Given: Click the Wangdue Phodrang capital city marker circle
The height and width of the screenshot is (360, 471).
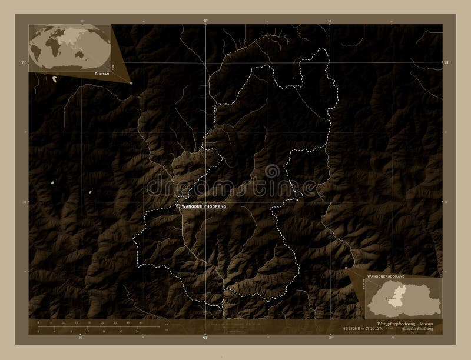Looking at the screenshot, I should coord(178,206).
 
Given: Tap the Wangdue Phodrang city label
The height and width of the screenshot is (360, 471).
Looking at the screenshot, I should coord(204,207).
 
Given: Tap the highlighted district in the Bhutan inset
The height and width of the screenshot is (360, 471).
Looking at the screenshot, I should coord(388,298).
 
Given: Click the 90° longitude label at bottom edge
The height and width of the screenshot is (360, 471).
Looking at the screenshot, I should coord(205,338).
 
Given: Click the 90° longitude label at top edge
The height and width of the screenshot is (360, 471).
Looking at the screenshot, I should coord(205,22).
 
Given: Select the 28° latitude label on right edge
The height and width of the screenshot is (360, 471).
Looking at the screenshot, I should coord(446,61).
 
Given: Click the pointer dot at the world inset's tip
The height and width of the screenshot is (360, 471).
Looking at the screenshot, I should coord(131,83).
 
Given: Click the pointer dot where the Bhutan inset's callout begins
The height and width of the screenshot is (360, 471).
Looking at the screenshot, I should coord(346,268).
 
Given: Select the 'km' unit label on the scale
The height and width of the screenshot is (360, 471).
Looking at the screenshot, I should coord(167,324).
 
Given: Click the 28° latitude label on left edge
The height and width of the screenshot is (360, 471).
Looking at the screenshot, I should coord(24,61).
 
